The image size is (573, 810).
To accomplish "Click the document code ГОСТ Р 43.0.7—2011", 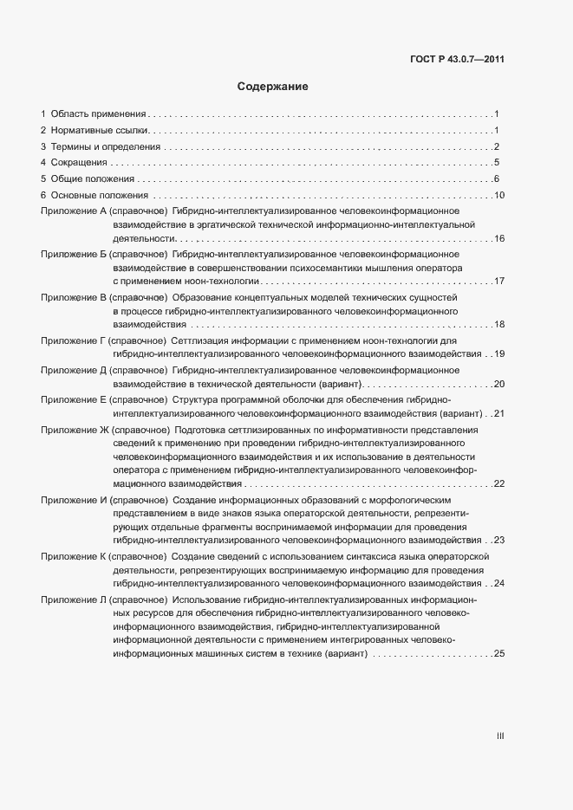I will (x=458, y=60).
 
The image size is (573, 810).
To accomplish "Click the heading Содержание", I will (x=273, y=87).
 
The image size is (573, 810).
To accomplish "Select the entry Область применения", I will (x=97, y=113).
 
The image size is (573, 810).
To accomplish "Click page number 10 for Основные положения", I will (x=498, y=195).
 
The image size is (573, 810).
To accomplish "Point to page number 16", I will (x=498, y=238).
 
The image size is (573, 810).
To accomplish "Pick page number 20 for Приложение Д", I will (x=498, y=384).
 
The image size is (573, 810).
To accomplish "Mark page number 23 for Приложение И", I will (x=498, y=540).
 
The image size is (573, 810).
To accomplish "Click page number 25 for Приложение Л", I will (x=498, y=654).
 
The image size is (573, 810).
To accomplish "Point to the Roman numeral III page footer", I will (x=500, y=736).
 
